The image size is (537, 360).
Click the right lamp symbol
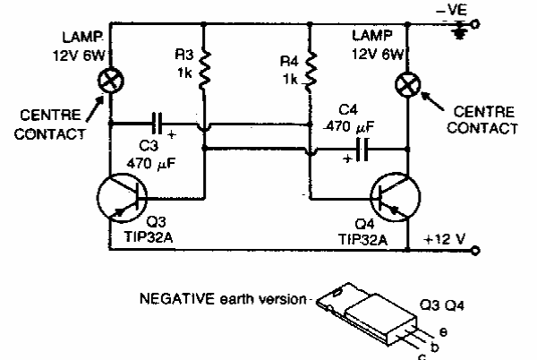tap(407, 87)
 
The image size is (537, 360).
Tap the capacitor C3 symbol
tap(158, 120)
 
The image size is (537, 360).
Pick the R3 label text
tap(182, 56)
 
